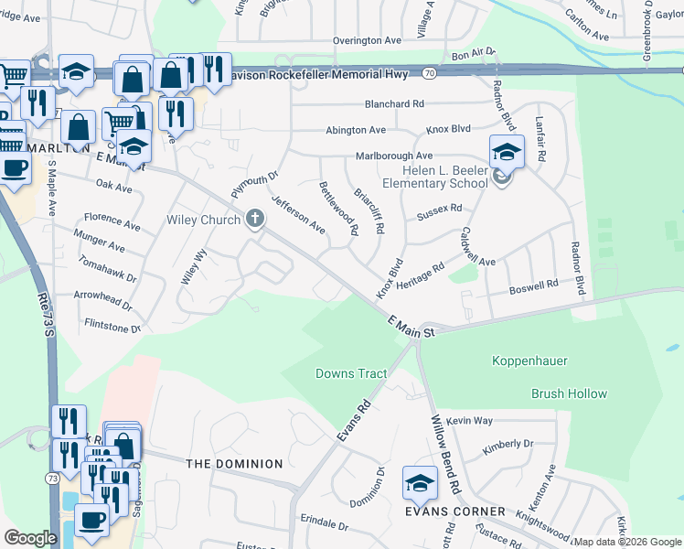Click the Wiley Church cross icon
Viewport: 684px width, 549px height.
click(255, 220)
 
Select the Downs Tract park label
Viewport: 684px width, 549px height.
click(351, 373)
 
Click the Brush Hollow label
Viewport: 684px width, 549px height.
click(569, 394)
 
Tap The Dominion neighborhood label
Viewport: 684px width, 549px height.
click(234, 464)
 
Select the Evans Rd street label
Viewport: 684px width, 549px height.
click(354, 422)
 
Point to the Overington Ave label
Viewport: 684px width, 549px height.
click(368, 41)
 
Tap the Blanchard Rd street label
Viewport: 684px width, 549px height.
click(395, 104)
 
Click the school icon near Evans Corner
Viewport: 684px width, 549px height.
click(420, 481)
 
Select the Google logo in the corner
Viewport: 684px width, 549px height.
click(30, 538)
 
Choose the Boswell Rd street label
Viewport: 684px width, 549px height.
click(533, 285)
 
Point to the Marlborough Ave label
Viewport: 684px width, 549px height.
click(394, 156)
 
